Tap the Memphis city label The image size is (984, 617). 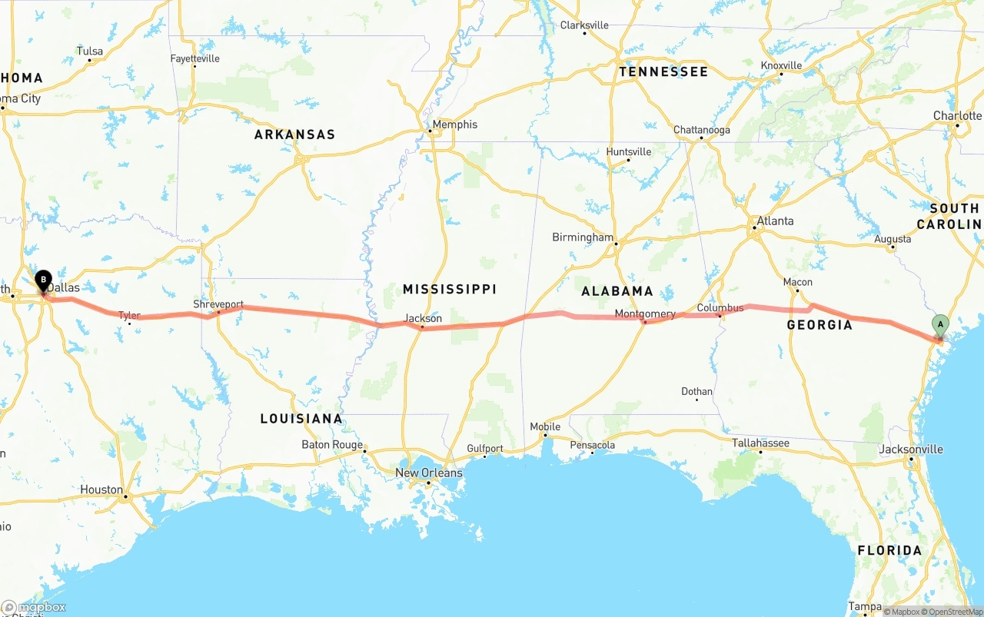pyautogui.click(x=454, y=124)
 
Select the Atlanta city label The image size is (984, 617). pyautogui.click(x=775, y=221)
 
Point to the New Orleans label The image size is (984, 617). pyautogui.click(x=429, y=473)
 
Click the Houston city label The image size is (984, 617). pyautogui.click(x=101, y=489)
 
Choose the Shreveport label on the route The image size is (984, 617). pyautogui.click(x=218, y=304)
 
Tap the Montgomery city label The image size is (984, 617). pyautogui.click(x=645, y=313)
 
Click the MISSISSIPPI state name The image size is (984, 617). pyautogui.click(x=450, y=289)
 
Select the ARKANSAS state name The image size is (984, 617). pyautogui.click(x=294, y=134)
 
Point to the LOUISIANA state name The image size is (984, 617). pyautogui.click(x=301, y=419)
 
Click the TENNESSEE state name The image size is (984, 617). pyautogui.click(x=663, y=71)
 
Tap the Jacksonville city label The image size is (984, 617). pyautogui.click(x=911, y=449)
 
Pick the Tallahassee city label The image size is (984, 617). pyautogui.click(x=760, y=443)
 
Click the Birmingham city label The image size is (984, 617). pyautogui.click(x=583, y=237)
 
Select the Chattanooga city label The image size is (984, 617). pyautogui.click(x=701, y=130)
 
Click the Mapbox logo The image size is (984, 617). pyautogui.click(x=34, y=607)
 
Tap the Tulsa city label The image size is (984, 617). pyautogui.click(x=90, y=51)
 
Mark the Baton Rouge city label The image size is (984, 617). pyautogui.click(x=332, y=445)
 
